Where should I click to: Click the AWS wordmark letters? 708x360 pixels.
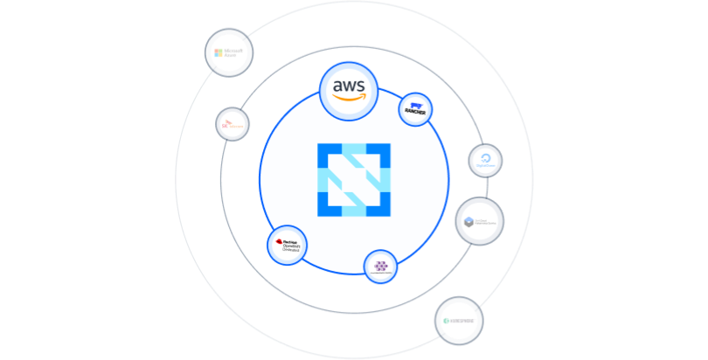click(349, 86)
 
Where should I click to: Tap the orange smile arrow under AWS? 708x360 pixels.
click(350, 98)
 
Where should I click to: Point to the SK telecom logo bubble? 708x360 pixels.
click(233, 125)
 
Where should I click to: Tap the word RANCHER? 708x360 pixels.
click(415, 114)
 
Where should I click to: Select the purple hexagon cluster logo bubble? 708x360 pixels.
click(380, 267)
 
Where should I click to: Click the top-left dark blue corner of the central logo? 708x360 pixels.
click(328, 154)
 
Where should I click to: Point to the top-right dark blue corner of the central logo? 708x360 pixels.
click(379, 154)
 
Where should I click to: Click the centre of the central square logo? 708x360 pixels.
click(353, 179)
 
